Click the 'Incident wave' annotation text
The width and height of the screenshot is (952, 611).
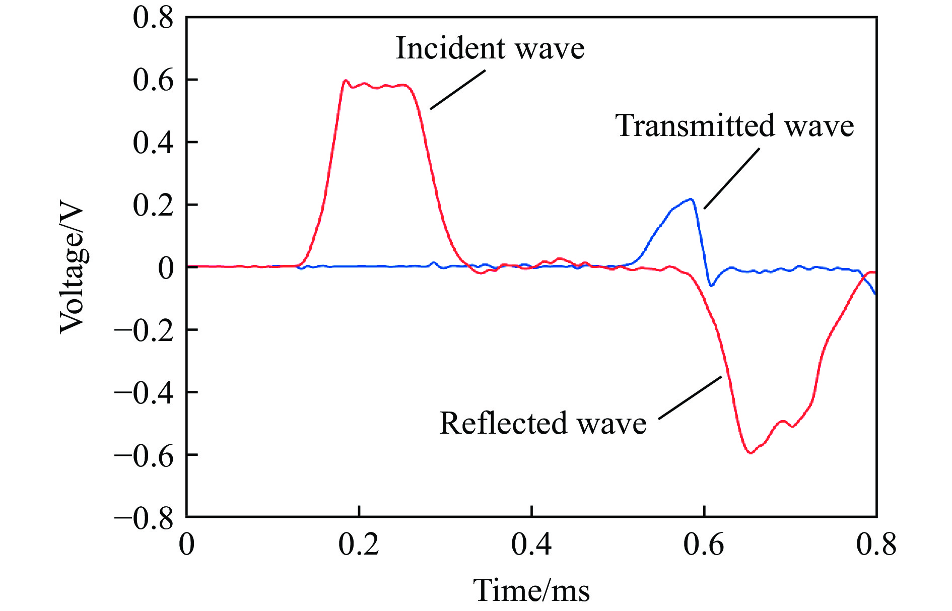(490, 49)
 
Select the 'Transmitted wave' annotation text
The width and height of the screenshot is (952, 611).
(734, 125)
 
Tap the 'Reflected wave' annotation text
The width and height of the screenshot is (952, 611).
(542, 423)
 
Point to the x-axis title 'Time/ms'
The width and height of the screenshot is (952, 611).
(531, 590)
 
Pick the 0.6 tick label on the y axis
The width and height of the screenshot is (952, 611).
(153, 80)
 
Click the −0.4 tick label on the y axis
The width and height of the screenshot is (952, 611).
(144, 392)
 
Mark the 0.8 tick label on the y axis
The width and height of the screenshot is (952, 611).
(153, 18)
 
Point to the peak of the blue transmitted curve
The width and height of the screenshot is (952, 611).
(692, 199)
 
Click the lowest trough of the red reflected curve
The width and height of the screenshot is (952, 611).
(751, 453)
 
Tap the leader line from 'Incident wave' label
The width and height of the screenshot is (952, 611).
(457, 89)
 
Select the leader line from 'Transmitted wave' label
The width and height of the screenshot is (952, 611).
(731, 178)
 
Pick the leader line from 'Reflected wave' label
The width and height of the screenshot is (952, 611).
(690, 397)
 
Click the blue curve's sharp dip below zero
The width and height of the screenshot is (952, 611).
(711, 286)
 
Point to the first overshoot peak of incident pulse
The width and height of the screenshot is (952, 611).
(346, 81)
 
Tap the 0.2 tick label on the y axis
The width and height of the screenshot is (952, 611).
(153, 205)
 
